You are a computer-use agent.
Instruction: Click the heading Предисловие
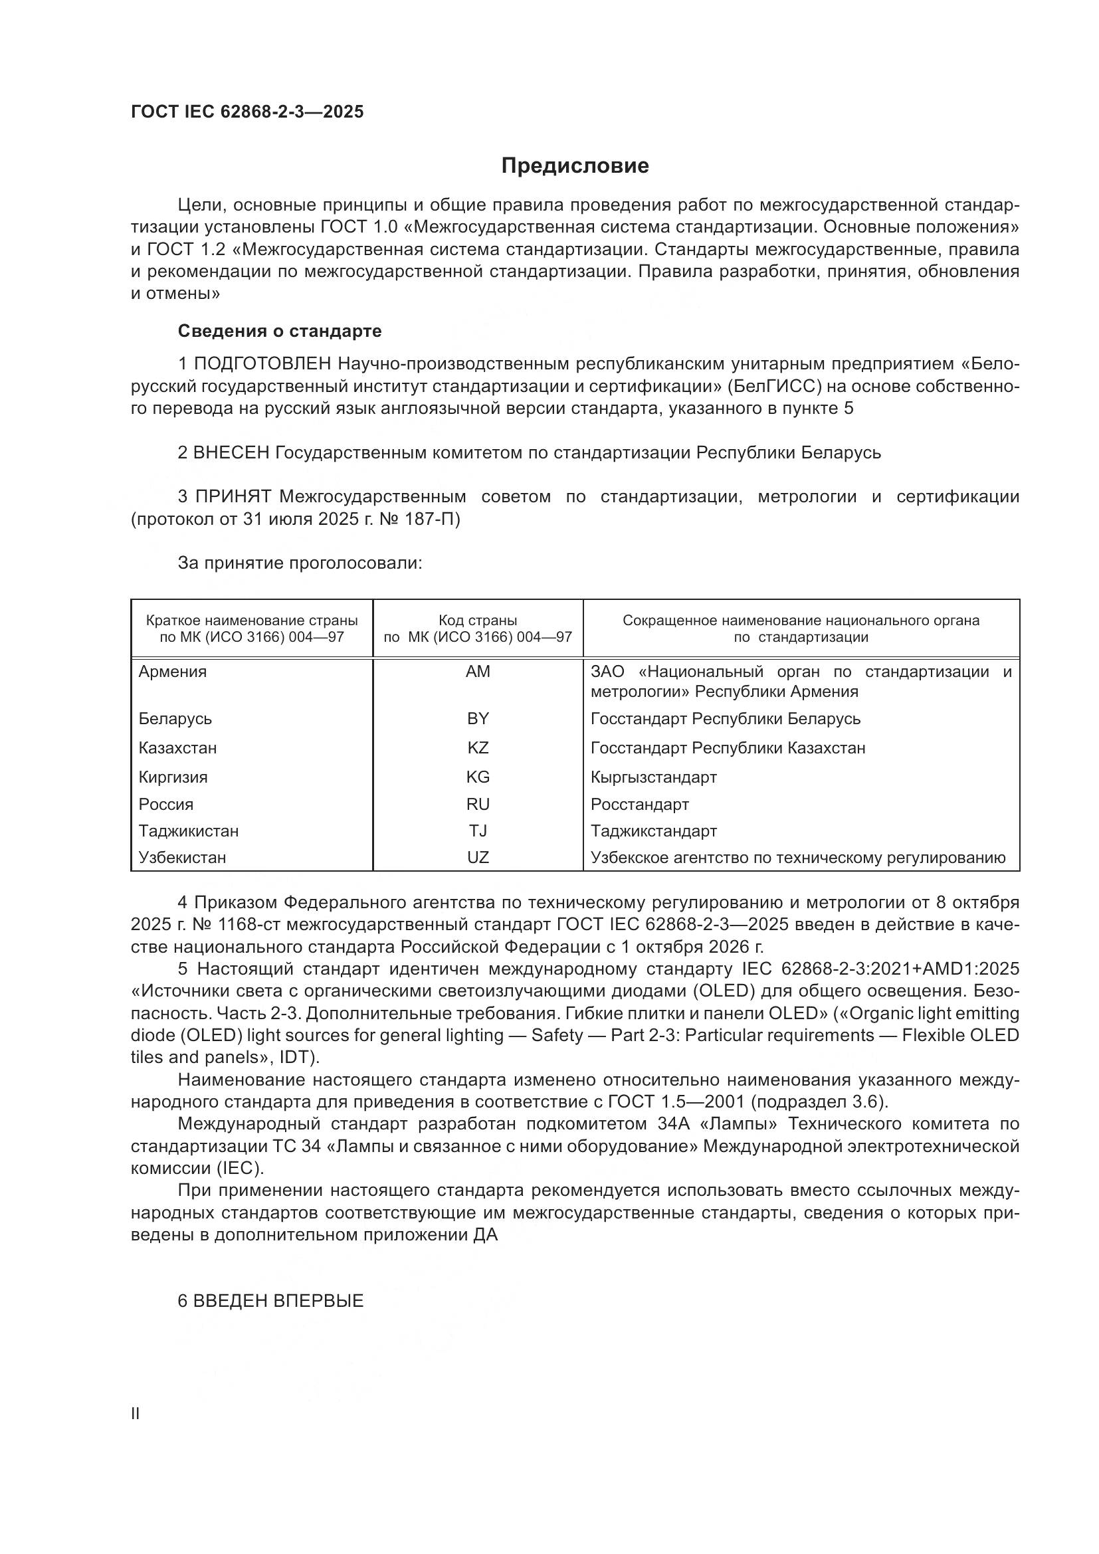click(x=575, y=166)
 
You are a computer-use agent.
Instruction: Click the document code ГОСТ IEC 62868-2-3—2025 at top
click(x=247, y=112)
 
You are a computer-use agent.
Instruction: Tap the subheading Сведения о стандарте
click(x=280, y=331)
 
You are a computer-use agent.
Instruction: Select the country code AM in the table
click(x=478, y=672)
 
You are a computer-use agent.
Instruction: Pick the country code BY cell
click(x=478, y=719)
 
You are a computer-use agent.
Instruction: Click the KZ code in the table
click(x=478, y=748)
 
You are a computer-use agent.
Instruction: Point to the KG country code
click(x=478, y=777)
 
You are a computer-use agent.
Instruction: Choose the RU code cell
click(x=478, y=805)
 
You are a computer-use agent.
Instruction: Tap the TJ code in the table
click(x=478, y=831)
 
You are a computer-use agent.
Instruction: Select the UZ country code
click(x=478, y=858)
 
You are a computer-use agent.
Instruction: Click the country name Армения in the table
click(x=173, y=672)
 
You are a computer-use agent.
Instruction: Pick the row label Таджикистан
click(x=188, y=831)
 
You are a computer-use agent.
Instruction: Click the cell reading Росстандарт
click(x=639, y=805)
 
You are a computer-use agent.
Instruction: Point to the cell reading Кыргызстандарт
click(x=654, y=777)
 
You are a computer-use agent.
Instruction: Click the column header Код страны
click(x=478, y=621)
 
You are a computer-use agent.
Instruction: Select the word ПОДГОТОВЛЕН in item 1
click(x=262, y=364)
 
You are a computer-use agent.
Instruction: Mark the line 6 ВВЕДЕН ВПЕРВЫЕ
click(x=270, y=1301)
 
